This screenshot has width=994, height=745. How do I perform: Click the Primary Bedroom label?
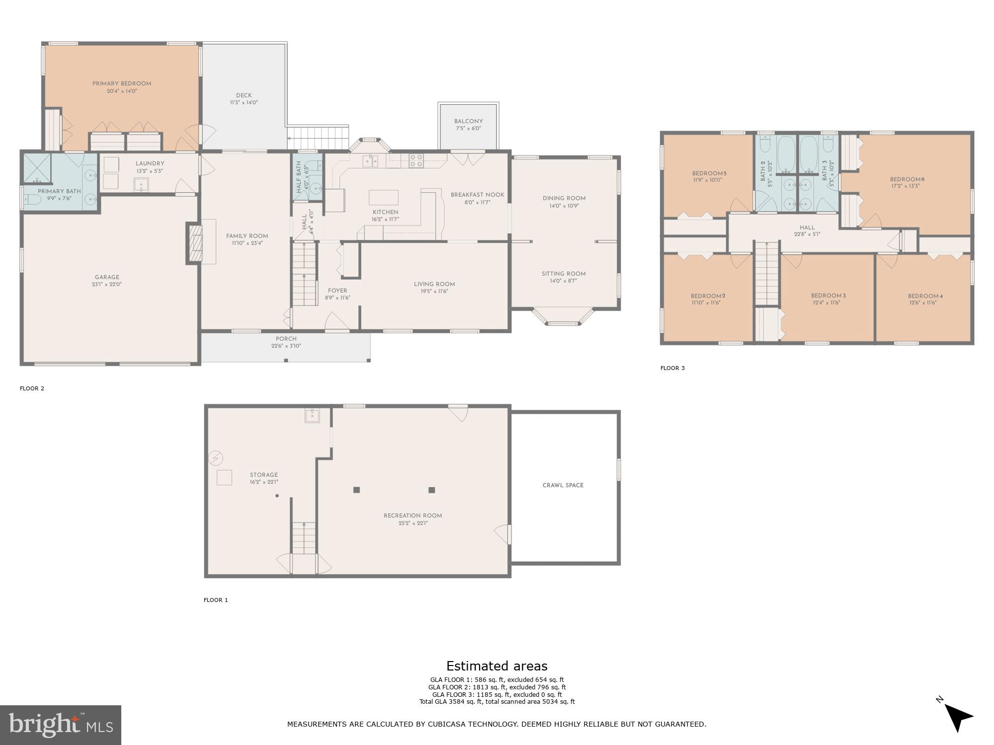click(x=122, y=83)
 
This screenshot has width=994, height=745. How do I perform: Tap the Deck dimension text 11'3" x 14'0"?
click(x=244, y=103)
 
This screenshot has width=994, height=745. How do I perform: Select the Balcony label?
click(x=468, y=121)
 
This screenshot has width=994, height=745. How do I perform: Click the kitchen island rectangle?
click(x=383, y=197)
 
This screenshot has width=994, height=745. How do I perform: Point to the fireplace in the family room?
click(x=194, y=243)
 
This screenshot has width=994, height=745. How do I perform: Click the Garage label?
click(x=107, y=277)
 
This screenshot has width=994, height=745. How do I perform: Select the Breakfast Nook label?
click(x=477, y=195)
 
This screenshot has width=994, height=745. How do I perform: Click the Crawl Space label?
click(x=563, y=485)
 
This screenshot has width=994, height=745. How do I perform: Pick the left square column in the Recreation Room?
click(x=356, y=490)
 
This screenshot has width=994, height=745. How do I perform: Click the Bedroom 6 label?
click(x=907, y=179)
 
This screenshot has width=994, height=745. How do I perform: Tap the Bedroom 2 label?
click(x=708, y=296)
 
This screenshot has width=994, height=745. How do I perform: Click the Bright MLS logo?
click(x=61, y=725)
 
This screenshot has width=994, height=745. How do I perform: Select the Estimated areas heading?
click(x=497, y=666)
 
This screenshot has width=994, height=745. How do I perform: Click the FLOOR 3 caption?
click(x=672, y=368)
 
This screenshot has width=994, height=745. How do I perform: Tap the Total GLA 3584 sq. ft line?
click(x=497, y=702)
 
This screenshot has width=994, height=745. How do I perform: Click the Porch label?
click(x=286, y=339)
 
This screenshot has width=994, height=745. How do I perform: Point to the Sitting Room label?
click(x=564, y=274)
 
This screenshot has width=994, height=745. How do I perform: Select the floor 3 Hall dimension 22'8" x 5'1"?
click(x=807, y=234)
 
